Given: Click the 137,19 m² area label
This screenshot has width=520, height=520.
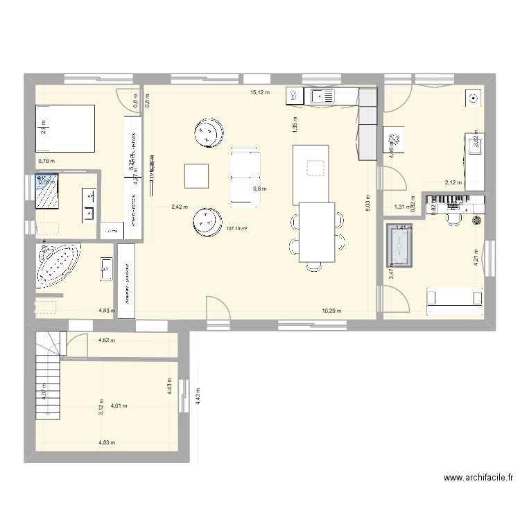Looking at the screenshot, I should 238,228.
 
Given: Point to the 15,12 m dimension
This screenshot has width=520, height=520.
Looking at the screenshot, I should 261,92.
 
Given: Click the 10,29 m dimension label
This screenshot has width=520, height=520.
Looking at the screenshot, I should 332,311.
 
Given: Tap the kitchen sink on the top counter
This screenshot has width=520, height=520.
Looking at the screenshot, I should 322,96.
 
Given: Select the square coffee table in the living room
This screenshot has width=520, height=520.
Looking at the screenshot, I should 197,175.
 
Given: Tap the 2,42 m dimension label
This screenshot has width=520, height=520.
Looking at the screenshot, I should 180,207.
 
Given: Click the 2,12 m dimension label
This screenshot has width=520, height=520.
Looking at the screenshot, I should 453,183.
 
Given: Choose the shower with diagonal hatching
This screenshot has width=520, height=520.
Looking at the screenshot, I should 48,190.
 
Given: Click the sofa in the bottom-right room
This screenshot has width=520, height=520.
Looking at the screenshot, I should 455,297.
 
